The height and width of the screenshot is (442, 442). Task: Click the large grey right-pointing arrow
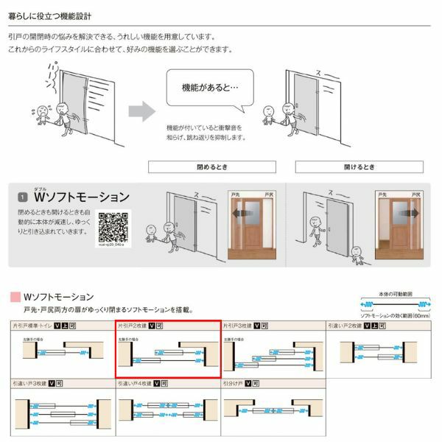tap(141, 112)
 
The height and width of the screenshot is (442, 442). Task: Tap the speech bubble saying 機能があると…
tap(210, 87)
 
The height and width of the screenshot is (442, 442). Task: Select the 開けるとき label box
tap(359, 166)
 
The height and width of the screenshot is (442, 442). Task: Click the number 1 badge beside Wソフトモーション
tap(23, 197)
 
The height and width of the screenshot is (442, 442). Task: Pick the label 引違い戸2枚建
tap(345, 324)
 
